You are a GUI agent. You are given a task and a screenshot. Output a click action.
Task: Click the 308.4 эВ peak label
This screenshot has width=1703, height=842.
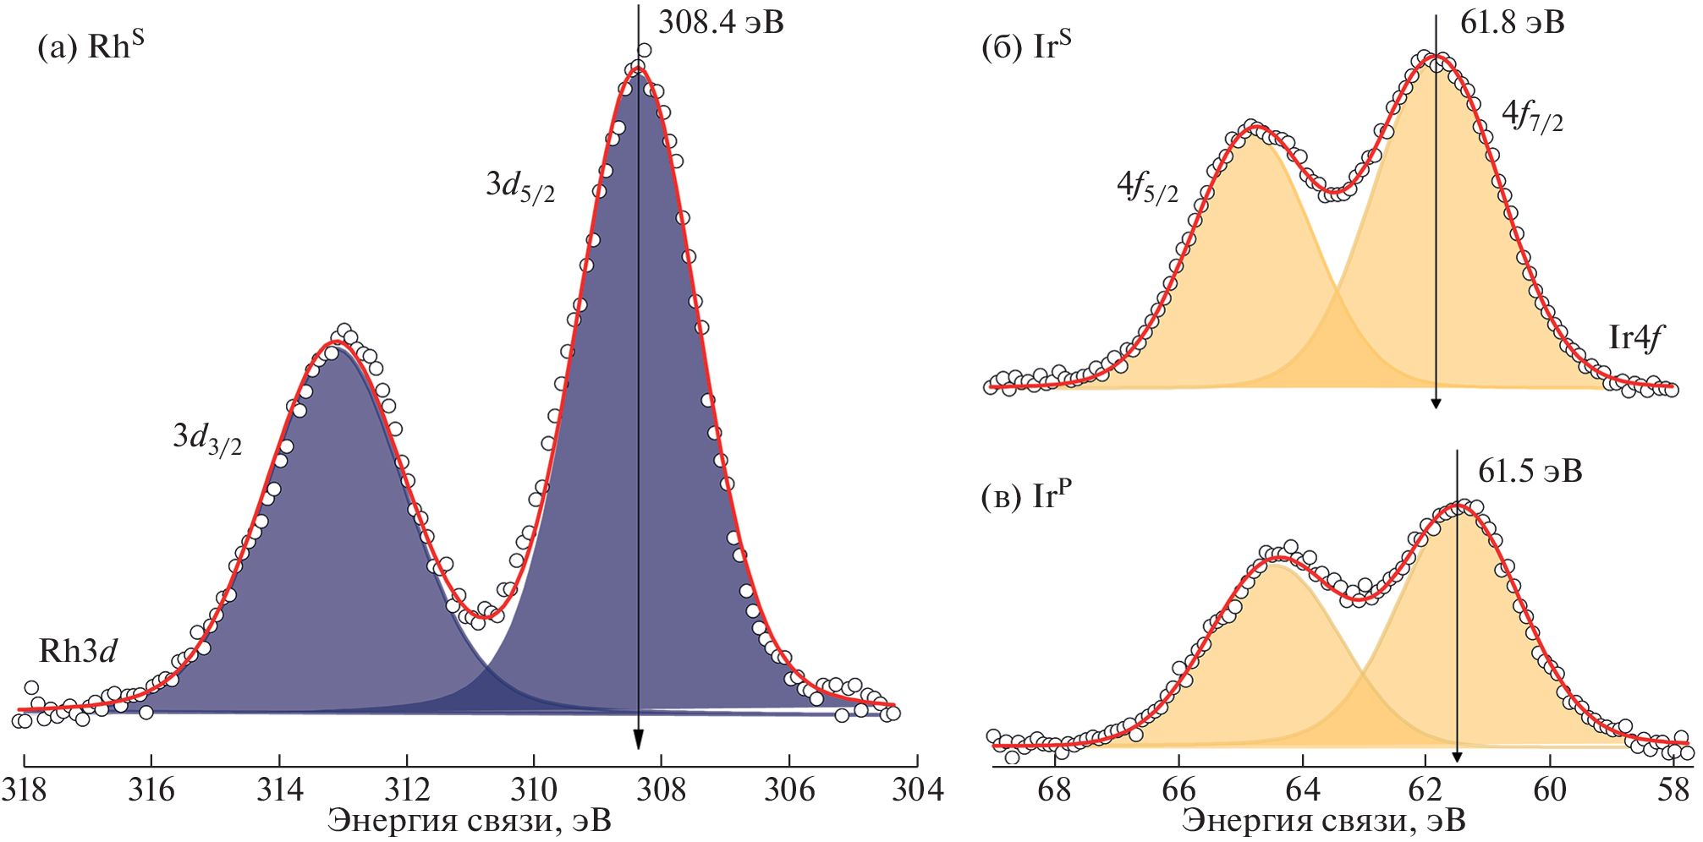tap(721, 23)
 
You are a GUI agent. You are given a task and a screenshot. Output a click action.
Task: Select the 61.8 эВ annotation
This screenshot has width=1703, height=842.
tap(1512, 23)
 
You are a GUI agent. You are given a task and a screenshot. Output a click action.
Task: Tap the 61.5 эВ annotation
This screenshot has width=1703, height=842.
tap(1530, 472)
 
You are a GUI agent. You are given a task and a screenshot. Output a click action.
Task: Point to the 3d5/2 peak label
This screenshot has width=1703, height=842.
tap(520, 185)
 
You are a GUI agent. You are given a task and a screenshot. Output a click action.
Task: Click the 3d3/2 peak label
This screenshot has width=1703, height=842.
tap(207, 437)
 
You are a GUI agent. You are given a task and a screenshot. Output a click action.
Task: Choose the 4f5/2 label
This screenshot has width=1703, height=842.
tap(1147, 187)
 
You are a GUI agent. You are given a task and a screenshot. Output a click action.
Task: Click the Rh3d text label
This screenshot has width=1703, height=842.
tap(78, 651)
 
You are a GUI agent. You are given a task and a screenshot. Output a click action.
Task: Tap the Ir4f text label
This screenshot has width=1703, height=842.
tap(1635, 338)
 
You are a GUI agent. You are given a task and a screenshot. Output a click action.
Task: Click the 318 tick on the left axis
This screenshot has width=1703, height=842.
tap(24, 790)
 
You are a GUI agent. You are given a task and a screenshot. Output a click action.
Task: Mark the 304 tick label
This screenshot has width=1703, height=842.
tap(917, 790)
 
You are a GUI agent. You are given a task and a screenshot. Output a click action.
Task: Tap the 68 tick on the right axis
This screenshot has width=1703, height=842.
tap(1054, 790)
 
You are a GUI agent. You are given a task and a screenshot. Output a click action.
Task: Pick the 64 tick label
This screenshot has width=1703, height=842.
tap(1302, 790)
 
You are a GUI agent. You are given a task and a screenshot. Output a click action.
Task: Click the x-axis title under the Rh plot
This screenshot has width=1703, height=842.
tap(470, 821)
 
